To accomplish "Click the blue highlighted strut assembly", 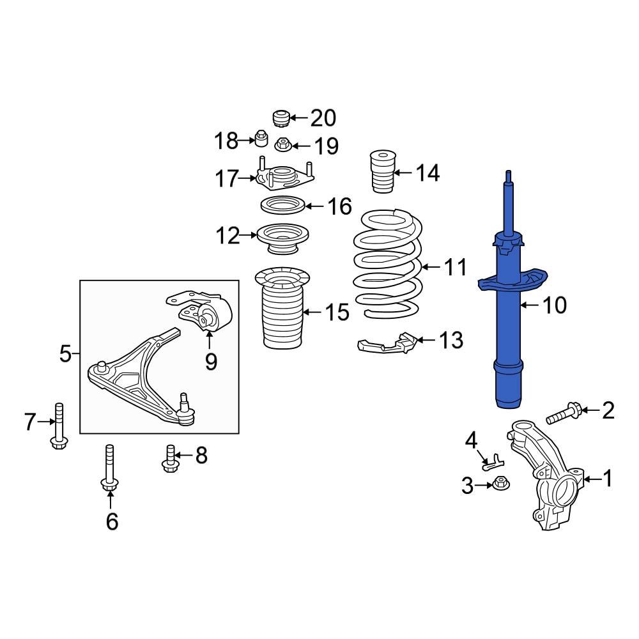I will (x=509, y=332).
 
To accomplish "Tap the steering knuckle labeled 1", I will (x=546, y=479).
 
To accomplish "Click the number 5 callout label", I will (x=65, y=353).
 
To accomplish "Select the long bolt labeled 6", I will (x=109, y=470).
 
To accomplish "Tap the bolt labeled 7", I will (x=59, y=425).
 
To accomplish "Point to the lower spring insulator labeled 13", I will (x=387, y=345).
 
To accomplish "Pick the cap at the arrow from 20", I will (x=279, y=118).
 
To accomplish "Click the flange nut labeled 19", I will (x=282, y=145).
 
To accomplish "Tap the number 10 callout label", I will (x=553, y=305).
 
